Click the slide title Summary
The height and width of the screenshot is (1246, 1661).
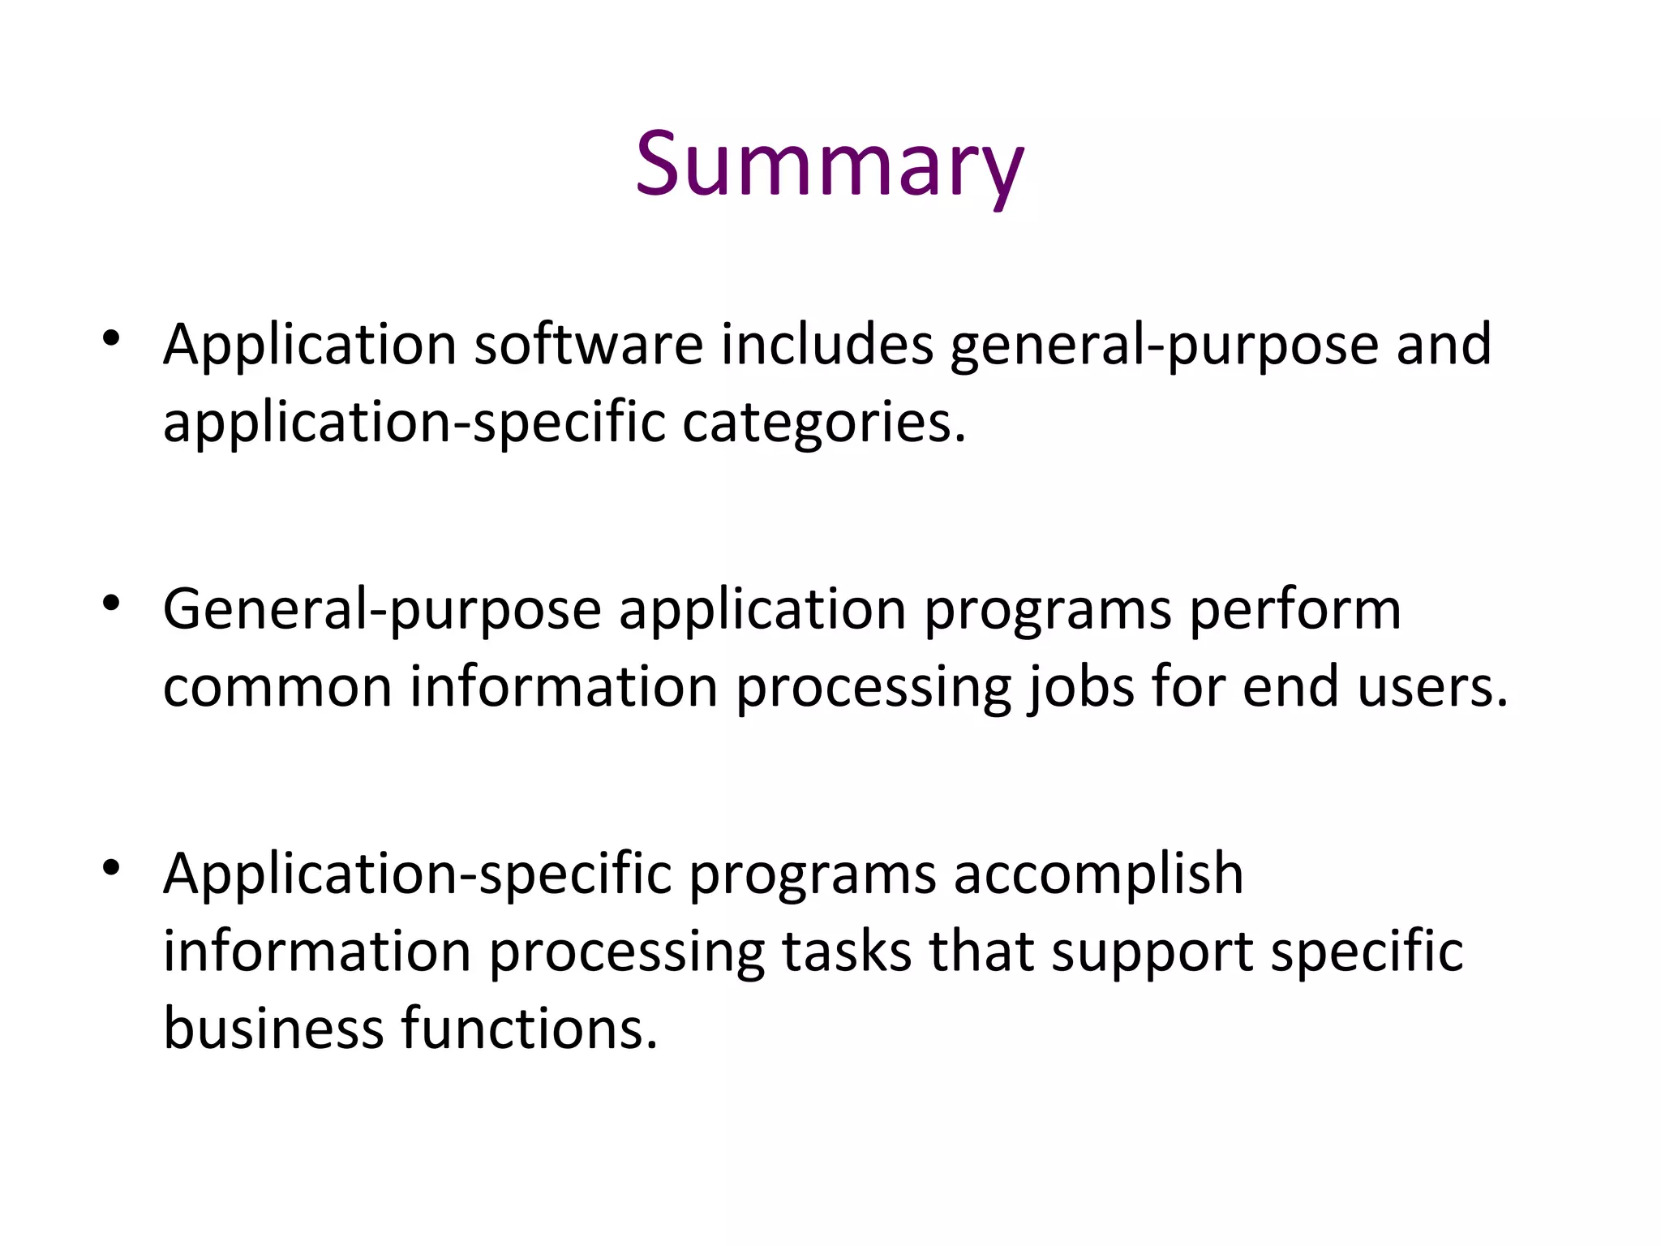[x=829, y=165]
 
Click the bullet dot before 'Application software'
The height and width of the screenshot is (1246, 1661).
[x=112, y=337]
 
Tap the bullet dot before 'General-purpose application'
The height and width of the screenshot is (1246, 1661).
[x=112, y=603]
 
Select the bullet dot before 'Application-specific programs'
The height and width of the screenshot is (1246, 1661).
[x=112, y=867]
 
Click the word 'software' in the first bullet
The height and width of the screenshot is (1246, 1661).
[x=588, y=344]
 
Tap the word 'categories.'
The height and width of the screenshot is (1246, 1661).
[x=824, y=423]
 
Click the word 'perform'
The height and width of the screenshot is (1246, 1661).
[x=1294, y=609]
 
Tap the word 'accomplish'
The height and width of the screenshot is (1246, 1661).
[x=1097, y=874]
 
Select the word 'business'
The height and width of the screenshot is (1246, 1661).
[x=273, y=1028]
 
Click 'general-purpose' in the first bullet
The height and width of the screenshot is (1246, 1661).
[x=1164, y=344]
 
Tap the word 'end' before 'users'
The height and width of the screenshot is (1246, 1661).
[x=1290, y=687]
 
